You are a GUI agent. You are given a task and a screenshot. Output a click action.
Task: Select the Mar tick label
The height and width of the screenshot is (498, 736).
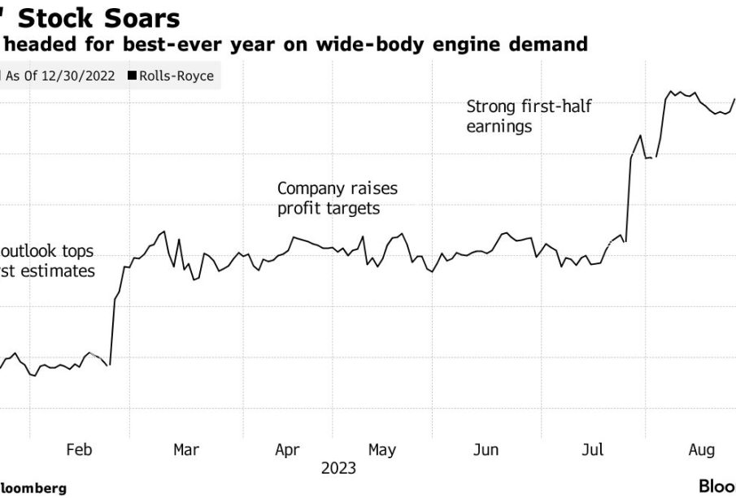tap(187, 449)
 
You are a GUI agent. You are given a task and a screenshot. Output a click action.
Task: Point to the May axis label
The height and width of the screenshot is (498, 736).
tap(382, 449)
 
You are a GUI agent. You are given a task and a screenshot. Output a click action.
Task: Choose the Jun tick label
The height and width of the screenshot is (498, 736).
tap(486, 449)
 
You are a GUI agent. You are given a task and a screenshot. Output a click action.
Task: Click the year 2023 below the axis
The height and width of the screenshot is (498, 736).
tap(338, 469)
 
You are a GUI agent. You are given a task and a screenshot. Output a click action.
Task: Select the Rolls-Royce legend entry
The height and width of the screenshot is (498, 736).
tap(176, 76)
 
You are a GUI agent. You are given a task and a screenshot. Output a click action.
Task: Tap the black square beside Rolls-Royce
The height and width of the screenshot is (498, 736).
tap(132, 76)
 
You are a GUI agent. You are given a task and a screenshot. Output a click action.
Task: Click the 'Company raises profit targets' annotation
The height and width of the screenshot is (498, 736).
tap(338, 198)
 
